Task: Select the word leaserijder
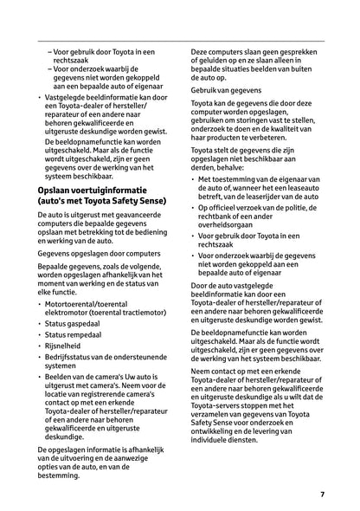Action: (x=257, y=196)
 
